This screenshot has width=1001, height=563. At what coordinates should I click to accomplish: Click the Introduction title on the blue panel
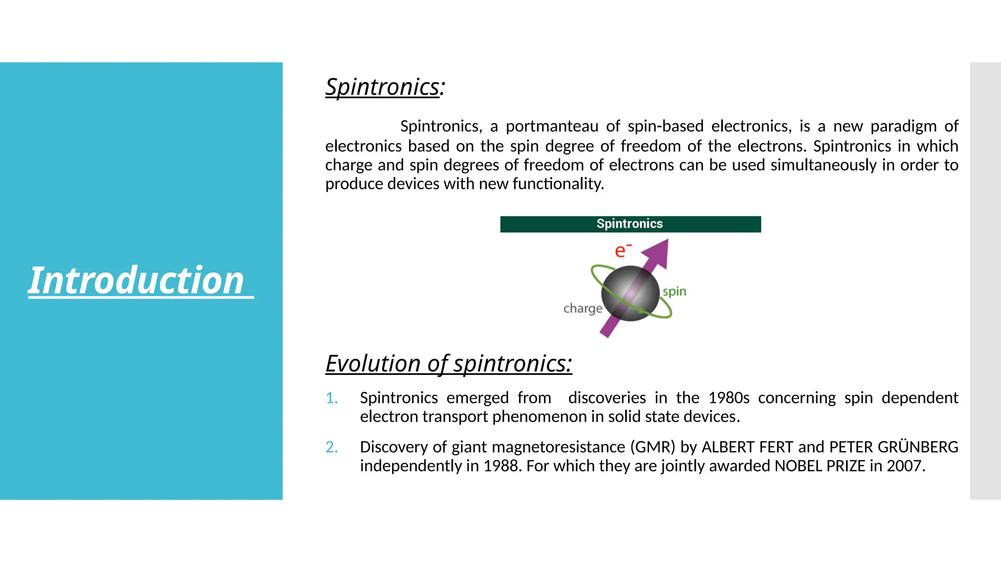pos(136,281)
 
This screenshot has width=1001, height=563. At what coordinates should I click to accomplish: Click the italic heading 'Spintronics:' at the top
pos(385,87)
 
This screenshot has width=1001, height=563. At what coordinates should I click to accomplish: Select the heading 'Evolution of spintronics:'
pos(448,364)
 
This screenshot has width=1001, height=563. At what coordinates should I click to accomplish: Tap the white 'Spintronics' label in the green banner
pos(630,224)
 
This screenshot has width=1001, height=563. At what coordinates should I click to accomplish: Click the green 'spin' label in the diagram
pos(675,292)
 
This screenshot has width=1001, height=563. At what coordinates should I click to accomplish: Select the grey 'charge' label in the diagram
pos(583,308)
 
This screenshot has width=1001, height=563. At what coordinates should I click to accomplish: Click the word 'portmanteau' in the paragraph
pos(552,126)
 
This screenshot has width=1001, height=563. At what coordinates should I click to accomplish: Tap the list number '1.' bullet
pos(332,398)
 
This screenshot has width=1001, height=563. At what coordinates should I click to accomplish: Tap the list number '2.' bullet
pos(332,447)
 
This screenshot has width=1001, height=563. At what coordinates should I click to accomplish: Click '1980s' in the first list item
pos(729,398)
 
